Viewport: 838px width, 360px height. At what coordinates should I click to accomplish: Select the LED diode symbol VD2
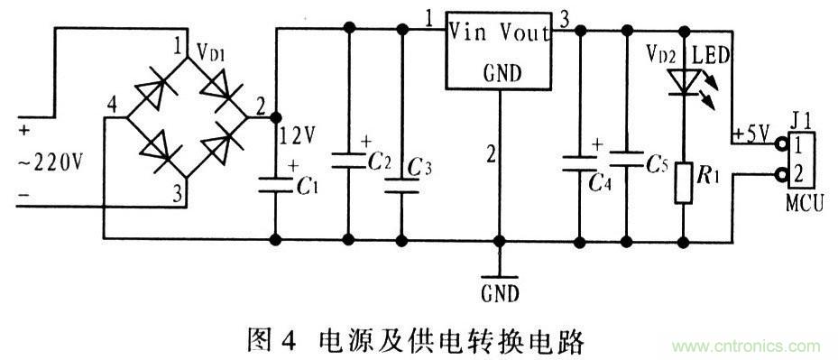[684, 80]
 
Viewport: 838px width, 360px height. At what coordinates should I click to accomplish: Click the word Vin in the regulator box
[472, 34]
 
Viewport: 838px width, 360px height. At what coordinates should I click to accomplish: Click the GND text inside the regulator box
[502, 72]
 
